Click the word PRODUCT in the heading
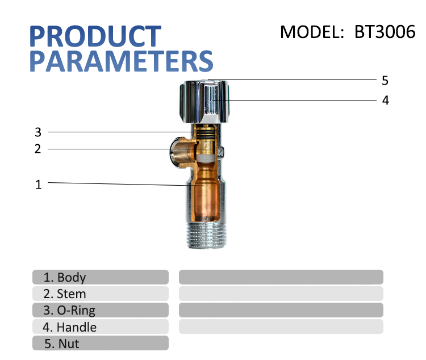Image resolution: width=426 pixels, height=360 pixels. tap(95, 36)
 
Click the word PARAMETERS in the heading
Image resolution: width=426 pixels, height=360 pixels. tap(121, 61)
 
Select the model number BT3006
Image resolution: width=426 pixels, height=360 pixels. tap(385, 32)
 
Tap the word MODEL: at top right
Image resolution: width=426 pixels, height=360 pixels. tap(313, 32)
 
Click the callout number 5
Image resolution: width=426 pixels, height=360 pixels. tap(385, 80)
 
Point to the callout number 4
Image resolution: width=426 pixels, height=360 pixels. tap(385, 101)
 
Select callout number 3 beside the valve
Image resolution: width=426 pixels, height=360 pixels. tap(38, 132)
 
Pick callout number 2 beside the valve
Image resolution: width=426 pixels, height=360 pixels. tap(38, 149)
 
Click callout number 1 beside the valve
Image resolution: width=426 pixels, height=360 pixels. tap(38, 185)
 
